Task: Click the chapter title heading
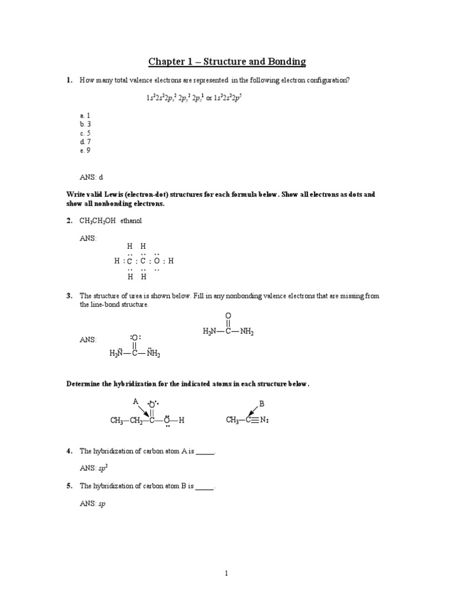tap(227, 62)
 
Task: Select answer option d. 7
tap(85, 142)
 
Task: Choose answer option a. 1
tap(85, 116)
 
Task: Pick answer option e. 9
tap(85, 151)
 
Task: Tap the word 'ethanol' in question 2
tap(131, 220)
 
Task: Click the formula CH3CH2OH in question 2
tap(98, 220)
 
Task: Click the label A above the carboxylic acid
tap(135, 401)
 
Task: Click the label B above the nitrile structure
tap(262, 403)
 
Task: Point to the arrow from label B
tap(254, 411)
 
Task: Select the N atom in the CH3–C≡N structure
tap(264, 421)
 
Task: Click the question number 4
tap(69, 451)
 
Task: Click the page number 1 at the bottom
tap(226, 573)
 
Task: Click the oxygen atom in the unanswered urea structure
tap(229, 315)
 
